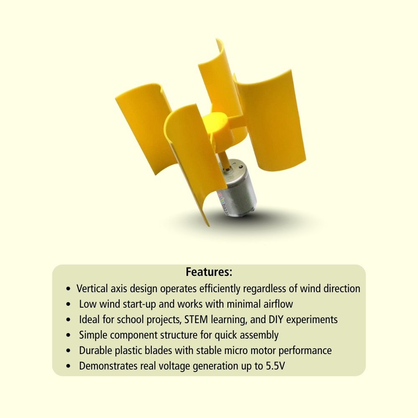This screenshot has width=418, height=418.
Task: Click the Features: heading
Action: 209,272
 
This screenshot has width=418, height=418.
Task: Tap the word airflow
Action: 277,304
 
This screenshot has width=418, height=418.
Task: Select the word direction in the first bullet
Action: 341,288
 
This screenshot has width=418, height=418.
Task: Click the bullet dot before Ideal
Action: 69,320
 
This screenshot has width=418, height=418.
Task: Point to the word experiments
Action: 312,320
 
